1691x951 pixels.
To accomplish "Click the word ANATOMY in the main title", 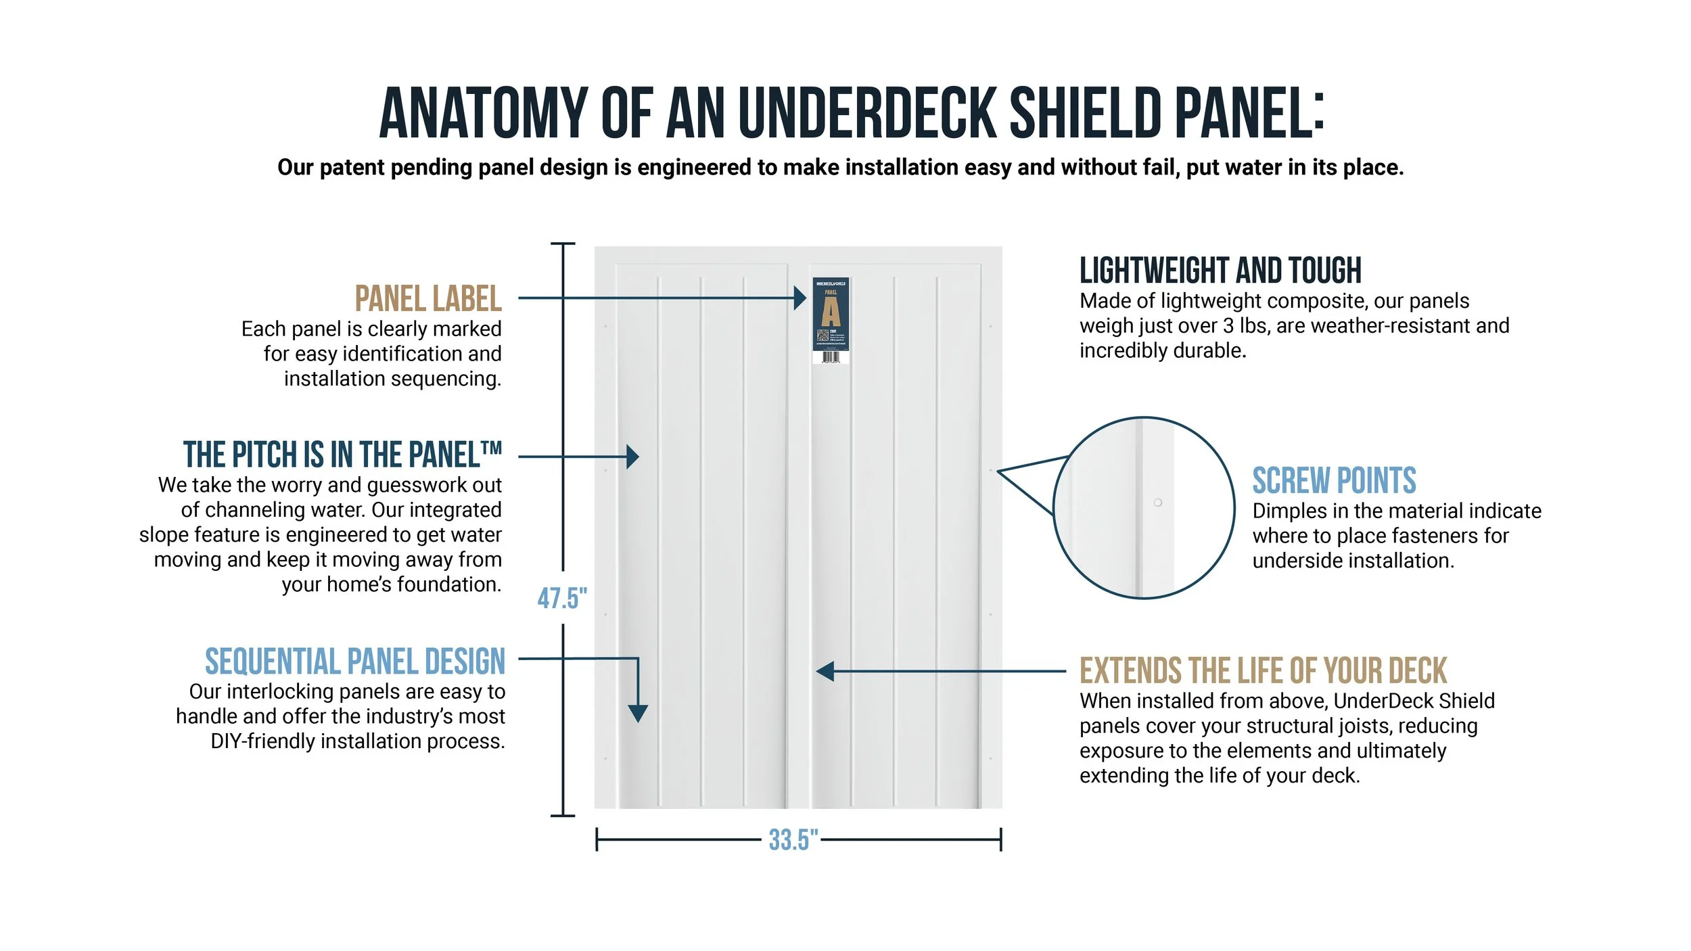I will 483,114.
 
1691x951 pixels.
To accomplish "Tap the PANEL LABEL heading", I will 427,299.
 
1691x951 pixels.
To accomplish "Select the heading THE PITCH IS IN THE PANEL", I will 342,455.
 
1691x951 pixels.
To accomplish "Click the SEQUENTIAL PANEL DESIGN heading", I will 355,662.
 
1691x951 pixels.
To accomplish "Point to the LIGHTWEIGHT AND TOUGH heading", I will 1220,271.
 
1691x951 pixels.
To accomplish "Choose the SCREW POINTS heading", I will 1334,481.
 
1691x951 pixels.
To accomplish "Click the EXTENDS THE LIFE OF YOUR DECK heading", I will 1263,671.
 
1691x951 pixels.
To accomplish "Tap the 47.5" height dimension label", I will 562,599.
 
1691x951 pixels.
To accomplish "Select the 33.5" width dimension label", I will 793,840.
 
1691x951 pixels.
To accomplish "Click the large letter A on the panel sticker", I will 831,312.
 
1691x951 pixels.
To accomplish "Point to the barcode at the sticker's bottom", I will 831,356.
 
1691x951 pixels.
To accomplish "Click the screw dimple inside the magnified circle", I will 1158,503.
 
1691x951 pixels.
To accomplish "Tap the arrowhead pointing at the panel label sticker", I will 800,298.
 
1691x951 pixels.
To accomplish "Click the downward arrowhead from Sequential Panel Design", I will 638,712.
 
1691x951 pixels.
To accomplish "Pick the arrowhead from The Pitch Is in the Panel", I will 632,457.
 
